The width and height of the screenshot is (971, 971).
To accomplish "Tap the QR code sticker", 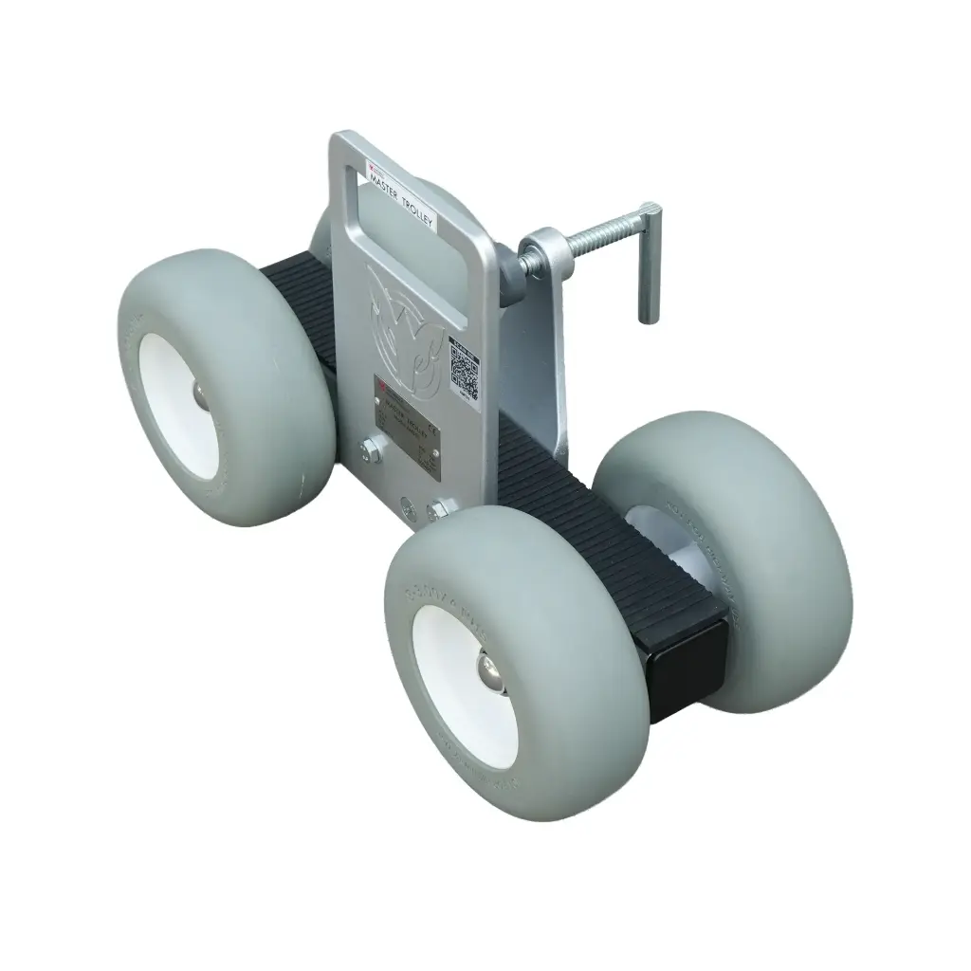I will pyautogui.click(x=464, y=371).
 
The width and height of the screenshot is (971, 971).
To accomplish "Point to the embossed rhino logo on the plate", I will pyautogui.click(x=408, y=322).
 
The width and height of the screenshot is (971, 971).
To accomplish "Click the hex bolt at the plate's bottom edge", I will pyautogui.click(x=438, y=511).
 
